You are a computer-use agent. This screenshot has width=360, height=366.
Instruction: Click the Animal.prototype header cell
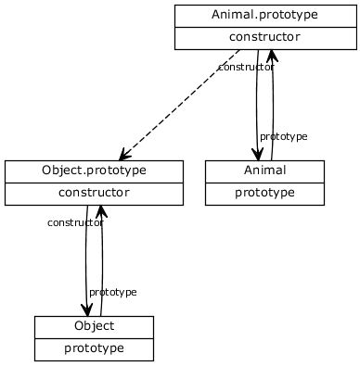coord(264,15)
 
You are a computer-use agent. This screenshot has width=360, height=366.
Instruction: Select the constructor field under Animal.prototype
coord(264,37)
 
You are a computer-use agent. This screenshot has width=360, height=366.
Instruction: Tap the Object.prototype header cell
coord(94,171)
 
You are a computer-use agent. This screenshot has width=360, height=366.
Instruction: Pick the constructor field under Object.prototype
coord(94,193)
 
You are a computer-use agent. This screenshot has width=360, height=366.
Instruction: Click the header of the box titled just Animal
coord(264,171)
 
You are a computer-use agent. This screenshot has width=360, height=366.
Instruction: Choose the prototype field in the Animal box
coord(264,193)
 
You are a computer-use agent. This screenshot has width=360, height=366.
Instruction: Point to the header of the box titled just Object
coord(94,326)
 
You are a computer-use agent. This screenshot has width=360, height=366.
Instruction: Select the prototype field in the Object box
coord(94,348)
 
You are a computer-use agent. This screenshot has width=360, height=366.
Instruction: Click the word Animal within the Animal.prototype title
coord(232,15)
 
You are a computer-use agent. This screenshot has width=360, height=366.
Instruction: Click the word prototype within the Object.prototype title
coord(116,172)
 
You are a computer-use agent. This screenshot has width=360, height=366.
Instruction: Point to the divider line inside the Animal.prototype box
coord(264,27)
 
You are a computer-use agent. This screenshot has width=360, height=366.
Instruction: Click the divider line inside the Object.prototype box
coord(94,183)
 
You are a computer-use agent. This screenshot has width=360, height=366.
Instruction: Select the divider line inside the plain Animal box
coord(264,183)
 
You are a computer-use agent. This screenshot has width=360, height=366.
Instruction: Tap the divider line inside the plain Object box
coord(94,338)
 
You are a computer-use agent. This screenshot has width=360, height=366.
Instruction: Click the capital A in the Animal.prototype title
coord(216,15)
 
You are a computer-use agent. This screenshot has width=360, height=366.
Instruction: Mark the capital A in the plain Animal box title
coord(248,171)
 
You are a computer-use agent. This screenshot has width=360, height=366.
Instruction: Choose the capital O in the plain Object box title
coord(79,326)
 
